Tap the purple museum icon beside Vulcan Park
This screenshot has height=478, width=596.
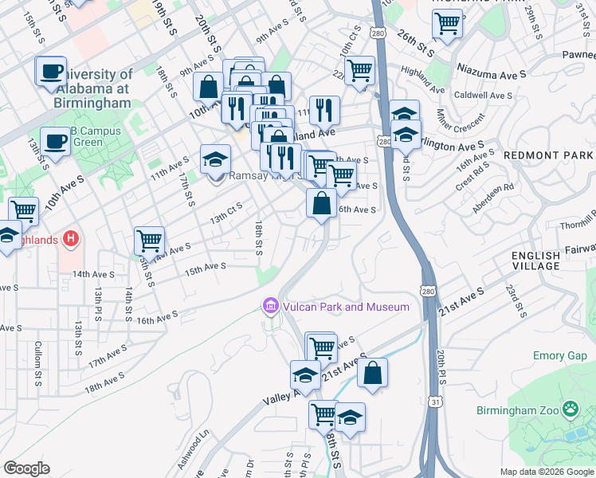coord(270,306)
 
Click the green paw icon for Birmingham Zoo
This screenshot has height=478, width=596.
coord(571,409)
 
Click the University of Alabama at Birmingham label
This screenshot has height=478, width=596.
coord(92,88)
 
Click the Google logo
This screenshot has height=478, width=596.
coord(27,468)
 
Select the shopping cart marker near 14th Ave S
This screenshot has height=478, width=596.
coord(149,240)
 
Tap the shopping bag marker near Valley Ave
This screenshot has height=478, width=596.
coord(372,373)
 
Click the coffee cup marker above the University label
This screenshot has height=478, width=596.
coord(52,71)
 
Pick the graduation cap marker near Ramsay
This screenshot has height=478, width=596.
coord(215,159)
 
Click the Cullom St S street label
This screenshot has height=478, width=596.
coord(37,364)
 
